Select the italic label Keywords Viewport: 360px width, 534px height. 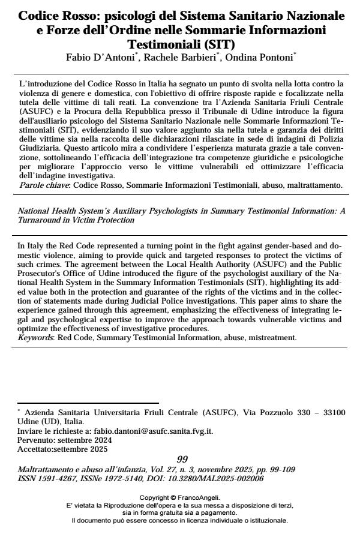34,337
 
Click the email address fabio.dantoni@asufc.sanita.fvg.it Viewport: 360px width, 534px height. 149,430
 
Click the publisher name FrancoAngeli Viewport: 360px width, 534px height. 200,497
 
